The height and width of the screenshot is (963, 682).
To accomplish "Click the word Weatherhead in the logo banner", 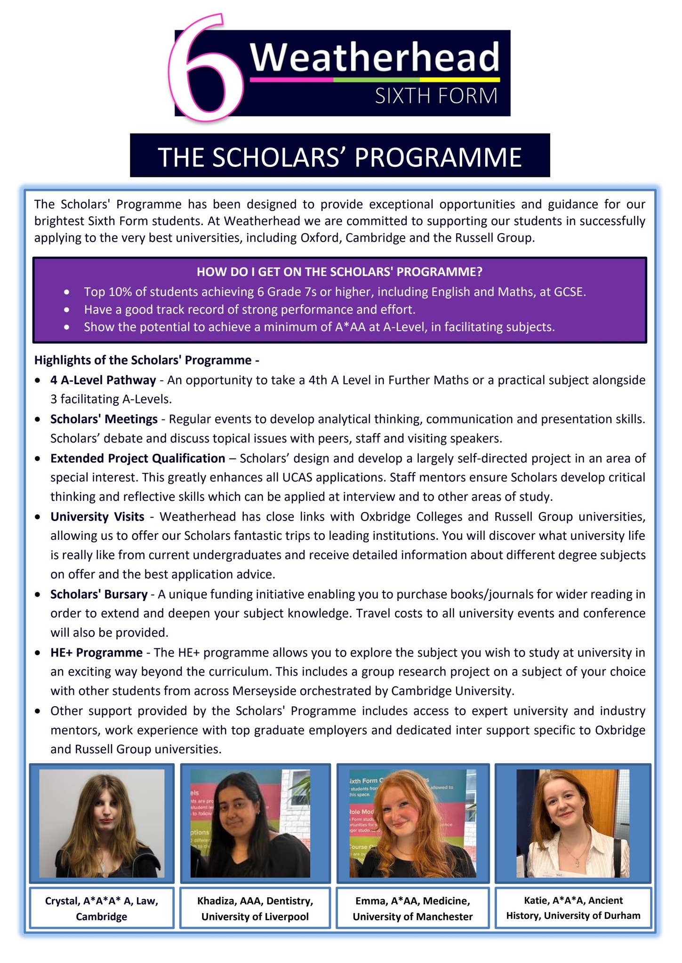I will coord(374,57).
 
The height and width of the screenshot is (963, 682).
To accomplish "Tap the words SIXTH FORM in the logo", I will coord(436,96).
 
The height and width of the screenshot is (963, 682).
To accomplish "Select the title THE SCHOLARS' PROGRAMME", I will coord(340,157).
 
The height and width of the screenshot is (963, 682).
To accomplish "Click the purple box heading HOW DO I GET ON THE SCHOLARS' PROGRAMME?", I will coord(339,272).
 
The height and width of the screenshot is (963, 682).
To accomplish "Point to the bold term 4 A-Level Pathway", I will coord(103,380).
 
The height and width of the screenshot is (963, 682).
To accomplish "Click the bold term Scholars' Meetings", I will coord(104,419).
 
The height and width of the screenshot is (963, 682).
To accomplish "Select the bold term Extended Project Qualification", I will coord(138,458).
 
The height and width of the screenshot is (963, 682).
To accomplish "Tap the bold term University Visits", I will coord(97,516).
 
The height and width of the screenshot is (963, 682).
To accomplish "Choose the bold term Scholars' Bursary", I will coord(99,594).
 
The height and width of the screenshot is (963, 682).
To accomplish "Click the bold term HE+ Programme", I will coord(96,653).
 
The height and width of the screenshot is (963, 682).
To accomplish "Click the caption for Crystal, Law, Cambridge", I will coord(102,908).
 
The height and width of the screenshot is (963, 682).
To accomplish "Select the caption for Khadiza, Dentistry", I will coord(255,908).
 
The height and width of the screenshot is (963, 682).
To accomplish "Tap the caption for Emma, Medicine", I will coord(413,908).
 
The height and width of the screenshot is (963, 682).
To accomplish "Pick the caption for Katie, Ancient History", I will coord(573,908).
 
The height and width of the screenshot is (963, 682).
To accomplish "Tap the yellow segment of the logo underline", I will coord(459,79).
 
